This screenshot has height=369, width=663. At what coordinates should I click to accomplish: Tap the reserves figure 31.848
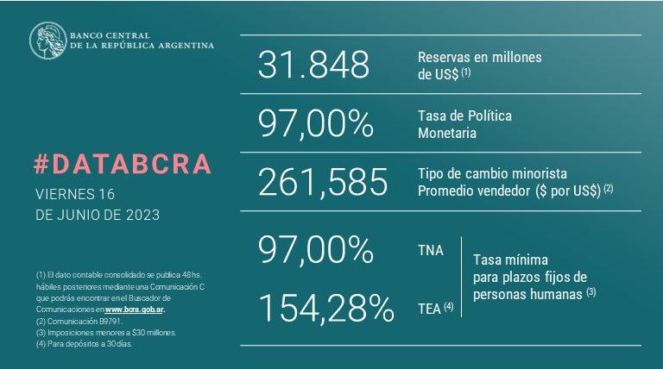click(313, 66)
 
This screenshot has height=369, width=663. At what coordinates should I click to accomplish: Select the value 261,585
click(323, 181)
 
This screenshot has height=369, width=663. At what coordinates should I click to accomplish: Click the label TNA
click(430, 251)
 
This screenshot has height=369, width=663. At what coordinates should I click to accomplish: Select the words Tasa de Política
click(465, 115)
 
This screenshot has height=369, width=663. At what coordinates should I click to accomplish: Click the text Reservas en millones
click(479, 57)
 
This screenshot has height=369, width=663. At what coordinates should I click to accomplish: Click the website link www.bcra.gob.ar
click(135, 308)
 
